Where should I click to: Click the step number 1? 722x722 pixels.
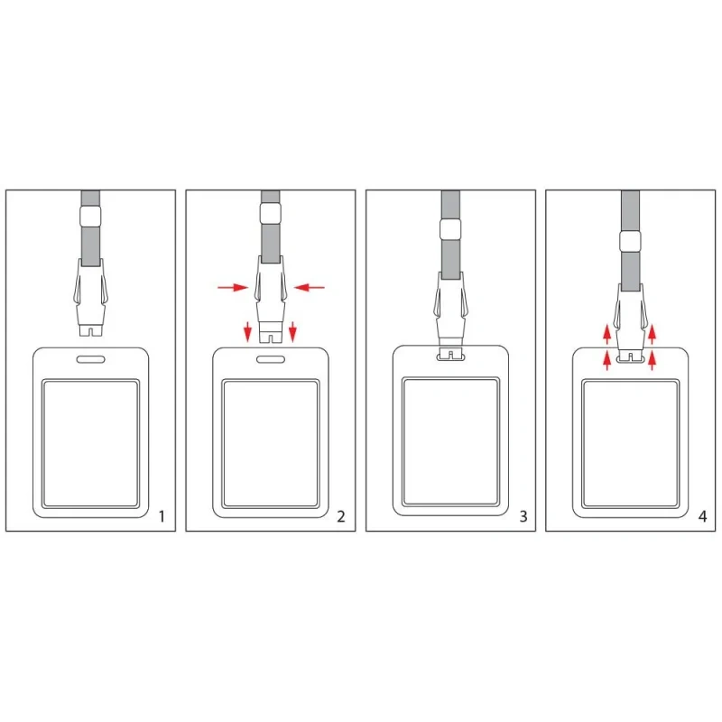pyautogui.click(x=162, y=516)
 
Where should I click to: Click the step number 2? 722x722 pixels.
pyautogui.click(x=341, y=516)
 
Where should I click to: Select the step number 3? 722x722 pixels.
pyautogui.click(x=523, y=516)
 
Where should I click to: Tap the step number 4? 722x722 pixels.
pyautogui.click(x=702, y=516)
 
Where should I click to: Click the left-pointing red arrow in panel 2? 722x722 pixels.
pyautogui.click(x=310, y=287)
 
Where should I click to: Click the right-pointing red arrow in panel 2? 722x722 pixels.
pyautogui.click(x=233, y=288)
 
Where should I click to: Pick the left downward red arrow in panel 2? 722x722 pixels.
pyautogui.click(x=247, y=332)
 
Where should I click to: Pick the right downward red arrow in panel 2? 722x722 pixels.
pyautogui.click(x=292, y=332)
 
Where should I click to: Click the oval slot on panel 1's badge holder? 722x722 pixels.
pyautogui.click(x=91, y=359)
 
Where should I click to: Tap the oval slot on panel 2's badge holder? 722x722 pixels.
pyautogui.click(x=270, y=359)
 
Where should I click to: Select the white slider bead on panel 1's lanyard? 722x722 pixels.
pyautogui.click(x=90, y=216)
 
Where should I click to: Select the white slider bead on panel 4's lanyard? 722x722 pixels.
pyautogui.click(x=630, y=241)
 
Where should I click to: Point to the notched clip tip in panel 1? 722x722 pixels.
pyautogui.click(x=90, y=329)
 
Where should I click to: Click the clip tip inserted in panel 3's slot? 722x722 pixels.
pyautogui.click(x=450, y=354)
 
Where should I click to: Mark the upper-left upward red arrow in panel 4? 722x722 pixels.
pyautogui.click(x=607, y=334)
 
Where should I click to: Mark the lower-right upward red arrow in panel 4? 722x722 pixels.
pyautogui.click(x=652, y=360)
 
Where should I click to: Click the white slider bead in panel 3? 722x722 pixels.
pyautogui.click(x=450, y=229)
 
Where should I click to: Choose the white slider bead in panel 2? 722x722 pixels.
pyautogui.click(x=270, y=213)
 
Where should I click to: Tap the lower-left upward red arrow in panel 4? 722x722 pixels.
pyautogui.click(x=607, y=360)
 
